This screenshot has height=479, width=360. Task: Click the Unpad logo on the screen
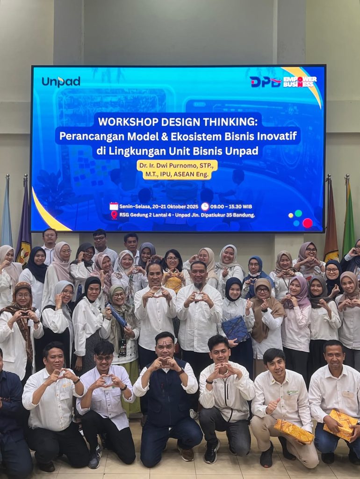point(61,81)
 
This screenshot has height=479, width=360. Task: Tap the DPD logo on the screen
point(265,82)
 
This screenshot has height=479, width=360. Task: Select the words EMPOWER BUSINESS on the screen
point(300,81)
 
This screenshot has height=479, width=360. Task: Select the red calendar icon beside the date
point(114,206)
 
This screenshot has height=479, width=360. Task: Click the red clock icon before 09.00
point(205,206)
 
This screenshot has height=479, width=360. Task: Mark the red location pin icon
point(114,215)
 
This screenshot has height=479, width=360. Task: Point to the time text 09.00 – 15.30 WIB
point(231,206)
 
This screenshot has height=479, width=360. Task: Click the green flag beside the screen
point(348,220)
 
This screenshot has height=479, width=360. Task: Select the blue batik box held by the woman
point(236,329)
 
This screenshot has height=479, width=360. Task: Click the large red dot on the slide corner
point(308,223)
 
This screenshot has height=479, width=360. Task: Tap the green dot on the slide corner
point(298,213)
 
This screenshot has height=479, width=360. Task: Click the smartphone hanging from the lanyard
point(122,348)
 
